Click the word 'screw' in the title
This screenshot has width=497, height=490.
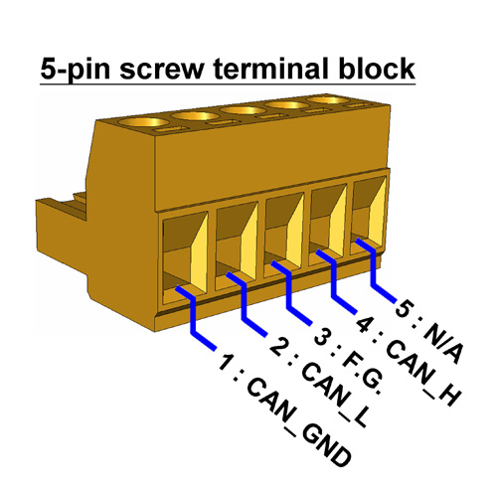tap(161, 69)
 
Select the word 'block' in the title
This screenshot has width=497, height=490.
tap(377, 67)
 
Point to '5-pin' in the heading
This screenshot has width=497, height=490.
tap(75, 70)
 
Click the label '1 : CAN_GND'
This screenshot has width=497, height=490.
tap(284, 410)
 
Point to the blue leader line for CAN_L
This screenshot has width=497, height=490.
tap(245, 303)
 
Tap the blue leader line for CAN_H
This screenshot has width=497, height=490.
tap(333, 280)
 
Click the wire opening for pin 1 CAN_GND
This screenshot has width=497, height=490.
tap(185, 256)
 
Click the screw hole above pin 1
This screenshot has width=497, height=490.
tap(142, 123)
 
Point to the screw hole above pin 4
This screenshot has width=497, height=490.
tap(288, 105)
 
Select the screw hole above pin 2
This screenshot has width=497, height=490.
tap(195, 116)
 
